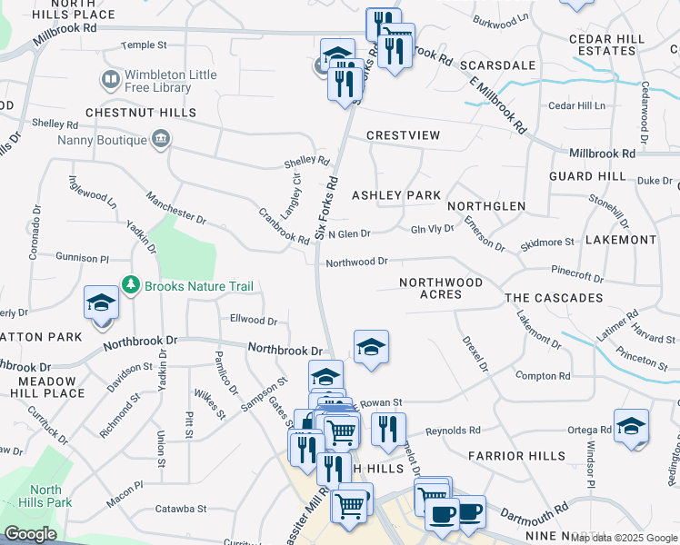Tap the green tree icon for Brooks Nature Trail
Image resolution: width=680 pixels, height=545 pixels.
pos(132,286)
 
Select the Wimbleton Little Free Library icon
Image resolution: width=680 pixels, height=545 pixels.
pos(111,81)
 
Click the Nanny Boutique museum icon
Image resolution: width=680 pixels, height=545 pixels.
pos(160,140)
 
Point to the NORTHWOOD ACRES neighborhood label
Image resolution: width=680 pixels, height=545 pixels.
pos(441,288)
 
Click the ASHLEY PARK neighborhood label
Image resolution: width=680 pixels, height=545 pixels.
pos(395,195)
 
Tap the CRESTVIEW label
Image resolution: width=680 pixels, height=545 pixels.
pos(403,135)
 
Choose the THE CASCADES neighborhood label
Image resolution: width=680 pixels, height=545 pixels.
pos(554,298)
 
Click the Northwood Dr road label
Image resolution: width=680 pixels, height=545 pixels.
pos(357,262)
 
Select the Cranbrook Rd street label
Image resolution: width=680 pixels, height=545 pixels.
pos(284,227)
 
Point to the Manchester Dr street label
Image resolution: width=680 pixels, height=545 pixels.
pos(176,207)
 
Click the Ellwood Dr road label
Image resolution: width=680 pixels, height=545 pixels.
pos(254,320)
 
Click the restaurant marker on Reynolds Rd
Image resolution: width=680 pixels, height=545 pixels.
pos(388,430)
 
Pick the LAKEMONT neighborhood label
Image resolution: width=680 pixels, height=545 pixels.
pos(621,240)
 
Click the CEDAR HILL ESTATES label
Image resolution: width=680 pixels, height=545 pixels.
pos(606,45)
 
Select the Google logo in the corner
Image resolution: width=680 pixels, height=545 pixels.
pos(30,534)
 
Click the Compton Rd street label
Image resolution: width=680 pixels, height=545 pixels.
pos(542,375)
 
